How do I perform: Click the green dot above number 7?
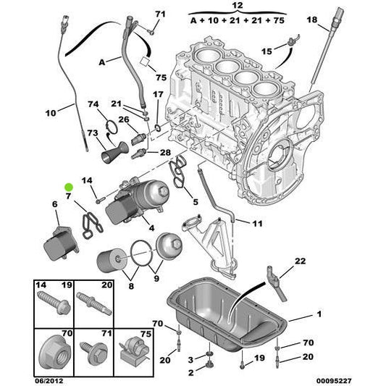pyautogui.click(x=69, y=186)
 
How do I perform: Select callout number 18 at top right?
pyautogui.click(x=312, y=20)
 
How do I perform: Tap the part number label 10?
pyautogui.click(x=50, y=113)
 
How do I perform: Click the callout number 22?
pyautogui.click(x=301, y=261)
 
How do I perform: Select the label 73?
pyautogui.click(x=92, y=133)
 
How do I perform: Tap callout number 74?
pyautogui.click(x=93, y=105)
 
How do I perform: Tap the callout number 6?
pyautogui.click(x=54, y=206)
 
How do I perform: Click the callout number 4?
pyautogui.click(x=151, y=229)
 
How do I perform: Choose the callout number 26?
pyautogui.click(x=123, y=119)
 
